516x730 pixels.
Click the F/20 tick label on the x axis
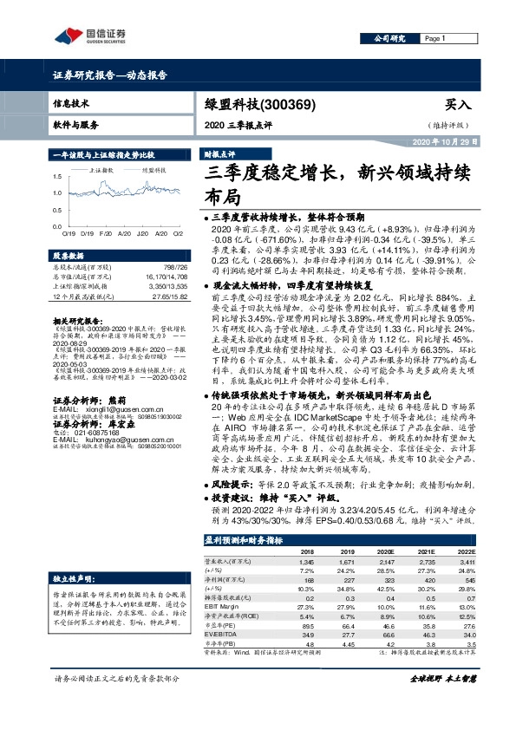tap(106, 233)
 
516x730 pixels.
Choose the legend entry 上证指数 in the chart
tap(101, 172)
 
